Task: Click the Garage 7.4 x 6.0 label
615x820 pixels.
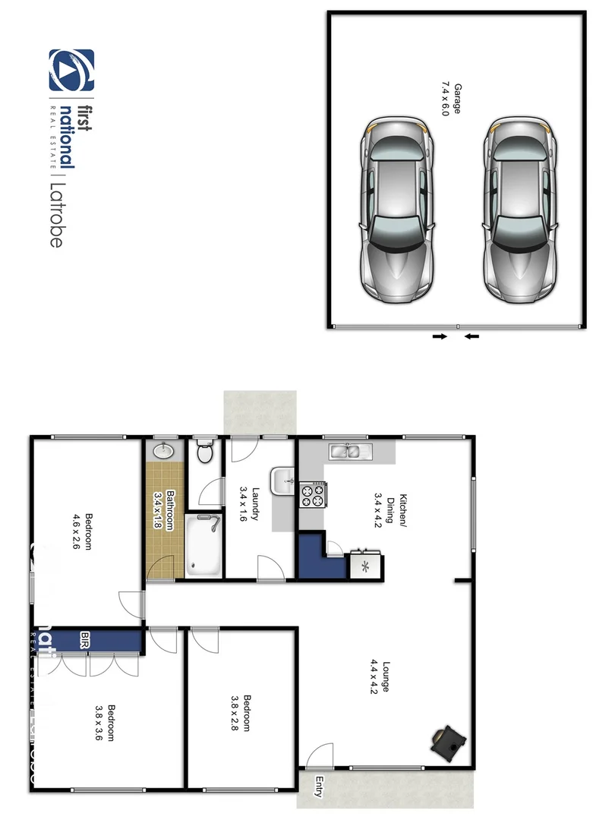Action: click(x=453, y=98)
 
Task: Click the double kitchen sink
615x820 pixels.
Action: click(x=350, y=453)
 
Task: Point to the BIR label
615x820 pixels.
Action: click(x=85, y=640)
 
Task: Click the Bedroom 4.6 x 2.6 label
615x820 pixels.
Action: click(x=83, y=532)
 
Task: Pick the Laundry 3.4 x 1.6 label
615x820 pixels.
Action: click(x=250, y=503)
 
